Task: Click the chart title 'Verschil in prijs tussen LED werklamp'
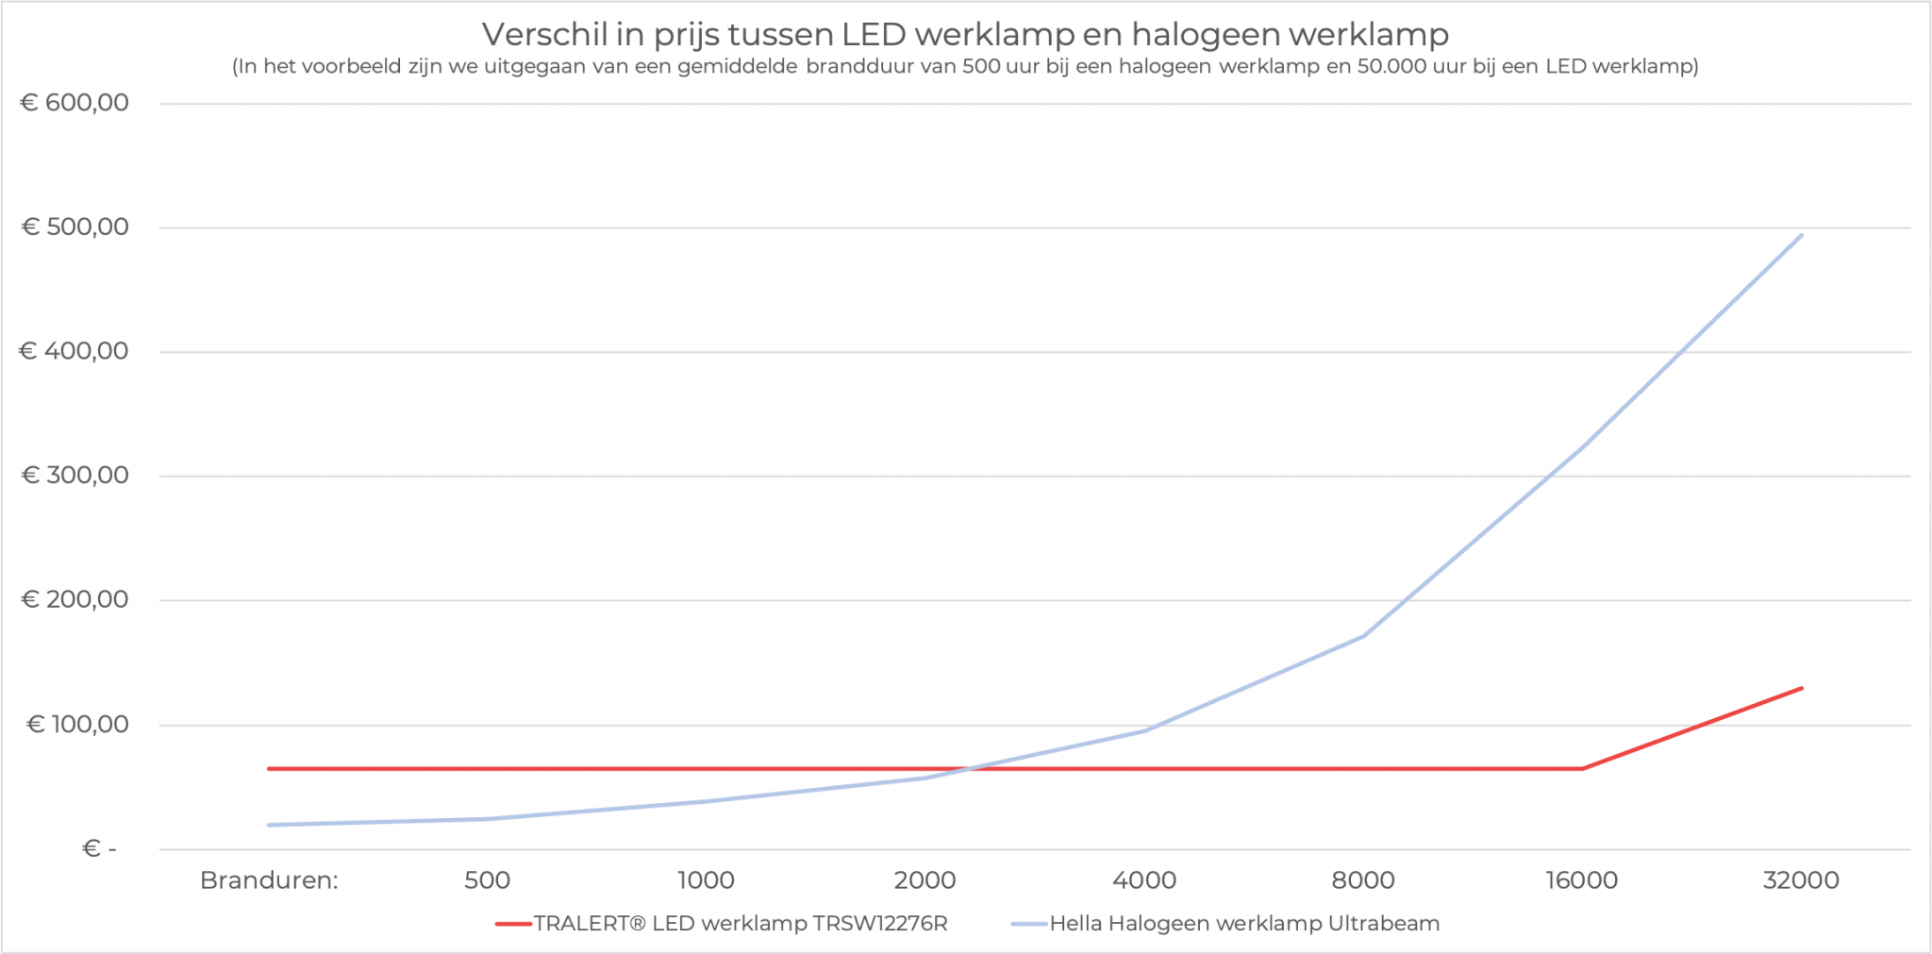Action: click(964, 35)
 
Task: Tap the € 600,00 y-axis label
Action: click(75, 103)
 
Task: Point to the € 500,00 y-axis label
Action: click(75, 227)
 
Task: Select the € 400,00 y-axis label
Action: click(75, 352)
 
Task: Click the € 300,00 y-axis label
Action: click(75, 476)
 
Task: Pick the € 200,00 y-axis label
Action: click(75, 600)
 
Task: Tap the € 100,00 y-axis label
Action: click(77, 725)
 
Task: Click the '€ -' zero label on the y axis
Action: click(99, 849)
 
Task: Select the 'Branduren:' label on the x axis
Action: click(269, 880)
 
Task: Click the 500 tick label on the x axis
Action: click(487, 880)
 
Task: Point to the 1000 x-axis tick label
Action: click(706, 880)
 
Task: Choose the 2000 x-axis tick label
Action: click(924, 880)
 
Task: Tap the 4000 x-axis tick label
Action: click(1144, 880)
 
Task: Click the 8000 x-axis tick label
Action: click(1363, 880)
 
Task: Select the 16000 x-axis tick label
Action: click(1581, 880)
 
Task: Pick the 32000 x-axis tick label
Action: click(1801, 880)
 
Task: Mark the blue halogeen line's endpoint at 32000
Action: click(1801, 235)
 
